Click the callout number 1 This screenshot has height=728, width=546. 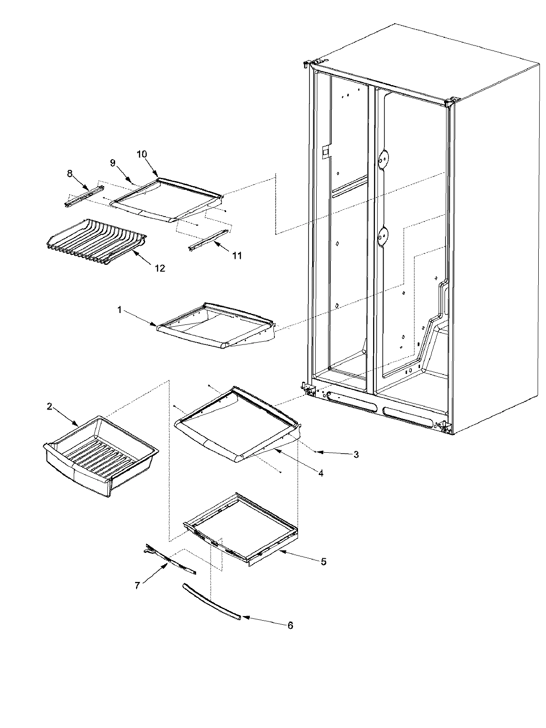click(119, 310)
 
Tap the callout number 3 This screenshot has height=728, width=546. click(356, 454)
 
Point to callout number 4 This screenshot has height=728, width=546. click(321, 473)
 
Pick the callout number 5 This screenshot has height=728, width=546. click(323, 562)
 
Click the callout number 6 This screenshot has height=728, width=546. click(290, 626)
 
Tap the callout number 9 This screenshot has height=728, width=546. click(113, 162)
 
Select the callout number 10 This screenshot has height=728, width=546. click(142, 154)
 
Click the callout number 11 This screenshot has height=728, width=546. click(237, 256)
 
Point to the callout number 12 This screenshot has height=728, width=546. click(160, 268)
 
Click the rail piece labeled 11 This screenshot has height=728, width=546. click(207, 239)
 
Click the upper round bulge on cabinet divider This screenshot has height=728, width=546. click(384, 158)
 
